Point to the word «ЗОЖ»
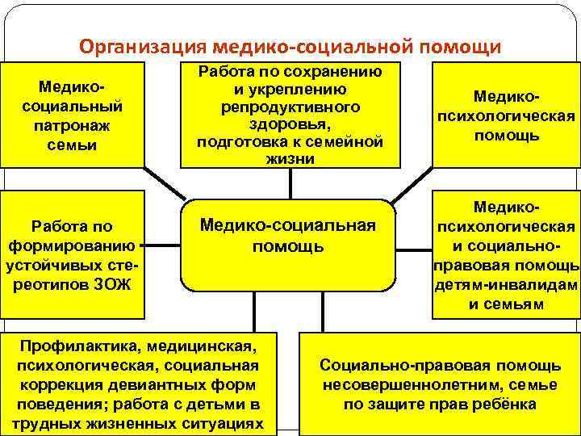click(117, 284)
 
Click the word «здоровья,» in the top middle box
click(290, 123)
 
